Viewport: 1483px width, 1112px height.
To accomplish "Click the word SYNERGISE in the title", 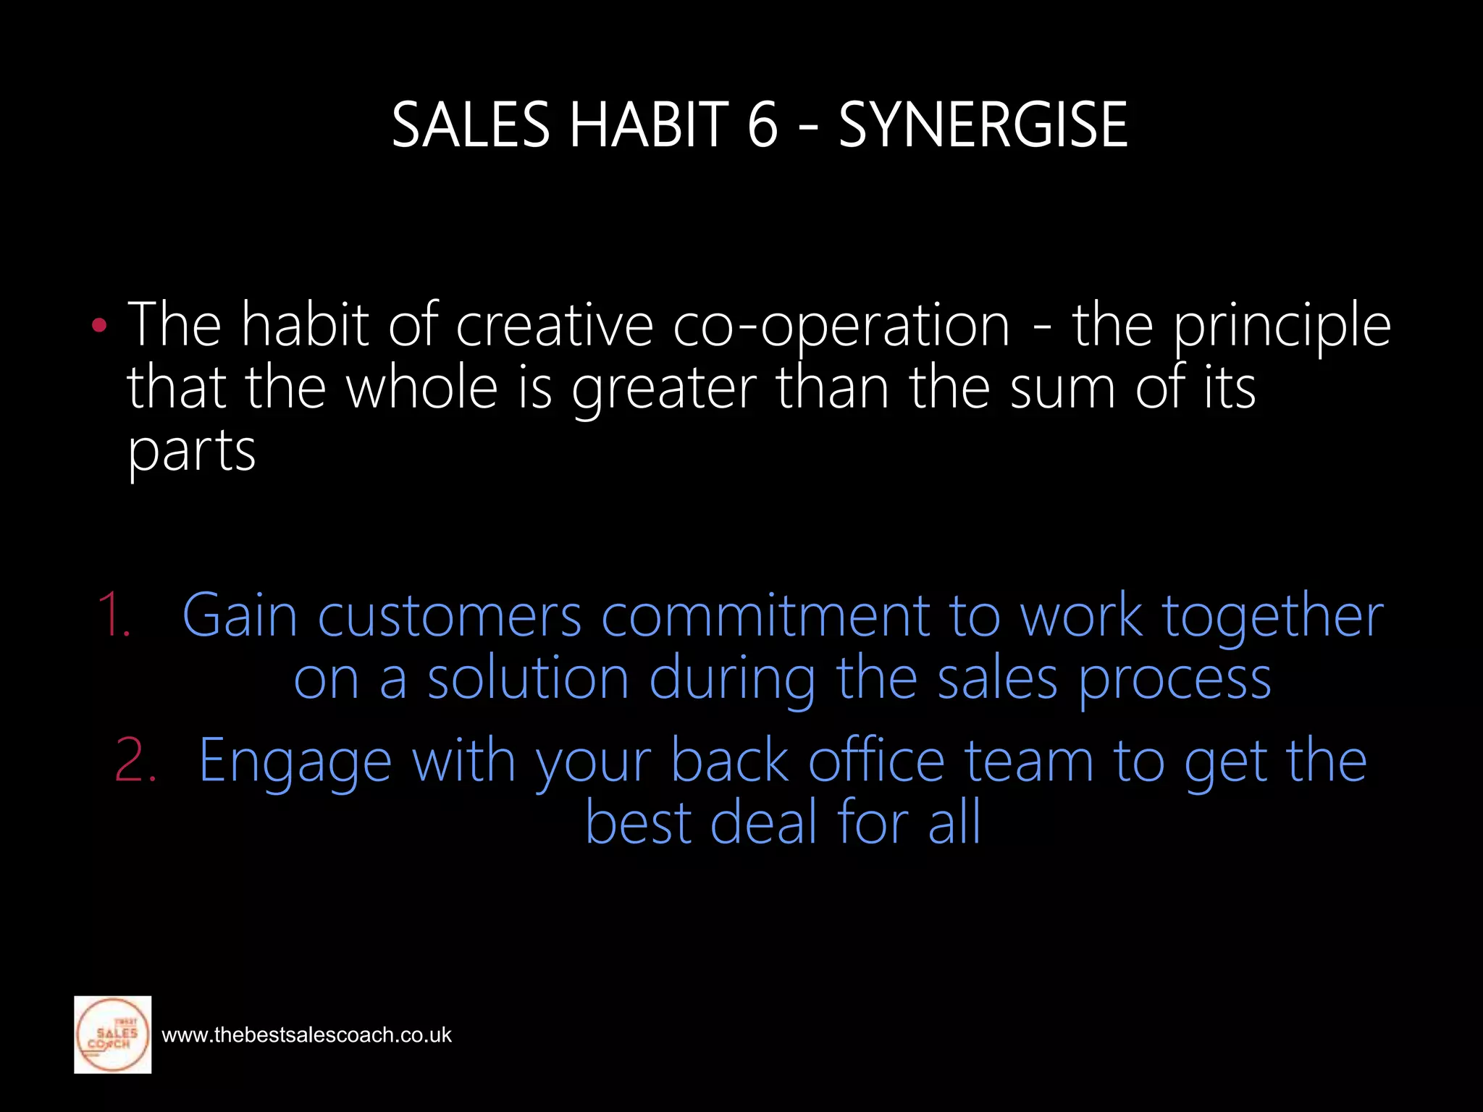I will [x=983, y=125].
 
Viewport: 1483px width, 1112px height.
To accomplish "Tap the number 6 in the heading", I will [x=762, y=125].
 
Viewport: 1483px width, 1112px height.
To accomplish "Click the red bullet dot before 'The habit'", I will [x=100, y=326].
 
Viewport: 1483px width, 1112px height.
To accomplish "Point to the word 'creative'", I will [x=555, y=326].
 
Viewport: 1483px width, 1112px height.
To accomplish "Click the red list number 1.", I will [x=114, y=615].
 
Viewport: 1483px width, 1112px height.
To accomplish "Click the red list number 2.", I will [x=135, y=760].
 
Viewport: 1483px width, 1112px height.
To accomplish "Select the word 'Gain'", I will [x=240, y=615].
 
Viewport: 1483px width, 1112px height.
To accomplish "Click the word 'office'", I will [x=877, y=760].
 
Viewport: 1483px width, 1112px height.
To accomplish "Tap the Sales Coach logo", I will [x=113, y=1035].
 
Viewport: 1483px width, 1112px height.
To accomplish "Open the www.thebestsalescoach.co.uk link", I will [x=306, y=1035].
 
